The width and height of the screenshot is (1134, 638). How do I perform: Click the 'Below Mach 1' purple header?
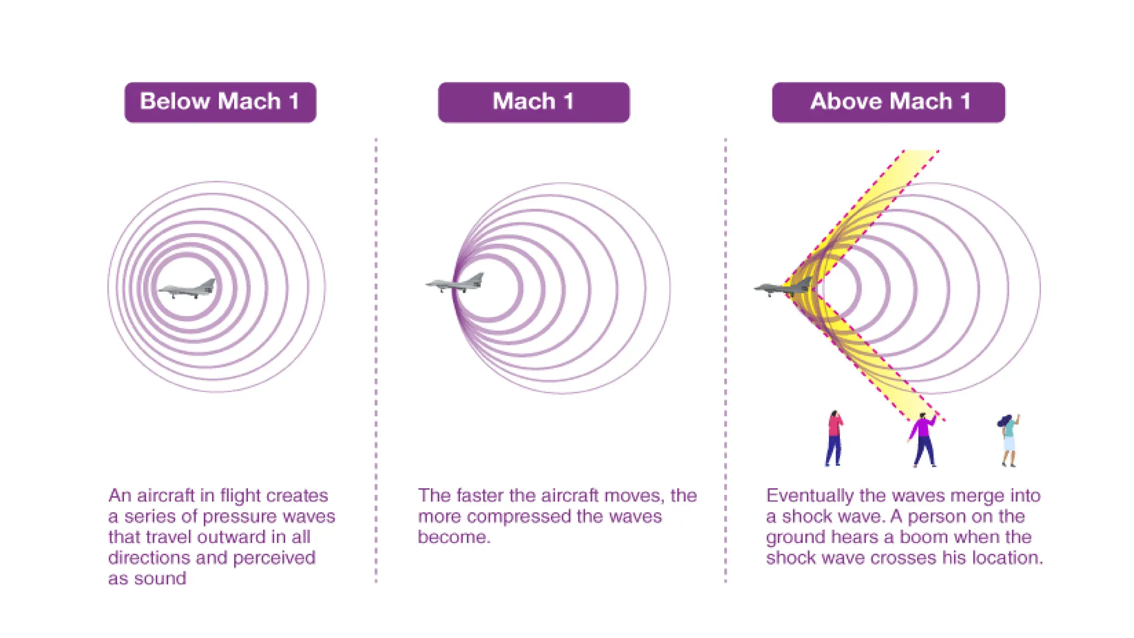pyautogui.click(x=220, y=102)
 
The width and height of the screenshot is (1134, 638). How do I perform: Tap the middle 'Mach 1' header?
pyautogui.click(x=533, y=102)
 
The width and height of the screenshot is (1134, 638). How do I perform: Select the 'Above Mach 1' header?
pyautogui.click(x=888, y=102)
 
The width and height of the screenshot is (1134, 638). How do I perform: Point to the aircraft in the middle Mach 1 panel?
pyautogui.click(x=455, y=283)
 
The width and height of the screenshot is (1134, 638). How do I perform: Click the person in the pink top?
pyautogui.click(x=834, y=438)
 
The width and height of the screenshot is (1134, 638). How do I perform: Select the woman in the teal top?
pyautogui.click(x=1009, y=440)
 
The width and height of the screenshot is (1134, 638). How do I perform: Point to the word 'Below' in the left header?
pyautogui.click(x=175, y=102)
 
